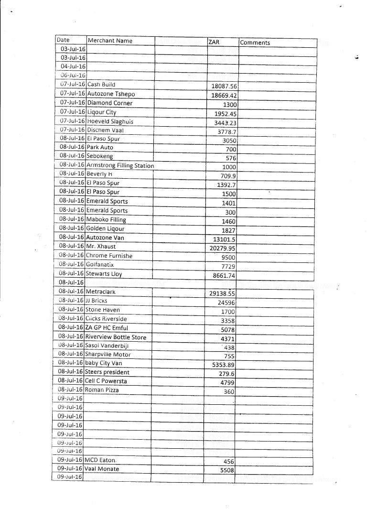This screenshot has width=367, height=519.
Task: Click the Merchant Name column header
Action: coord(110,41)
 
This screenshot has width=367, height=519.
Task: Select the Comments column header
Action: coord(255,43)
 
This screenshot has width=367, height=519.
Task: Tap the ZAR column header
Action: coord(214,42)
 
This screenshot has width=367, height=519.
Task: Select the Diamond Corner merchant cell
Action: coord(110,103)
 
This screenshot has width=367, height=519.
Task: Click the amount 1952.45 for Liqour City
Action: coord(225,113)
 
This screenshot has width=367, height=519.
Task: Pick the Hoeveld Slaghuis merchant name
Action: coord(110,121)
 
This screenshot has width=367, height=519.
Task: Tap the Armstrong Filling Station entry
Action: coord(120,166)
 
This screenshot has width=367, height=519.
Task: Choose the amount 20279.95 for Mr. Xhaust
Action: coord(223,248)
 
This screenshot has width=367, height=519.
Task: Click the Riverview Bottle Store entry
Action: coord(116,337)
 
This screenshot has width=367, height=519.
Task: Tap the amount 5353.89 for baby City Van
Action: coord(224,365)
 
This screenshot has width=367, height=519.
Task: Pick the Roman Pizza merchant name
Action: coord(102,390)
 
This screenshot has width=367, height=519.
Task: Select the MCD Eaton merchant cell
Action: coord(100,460)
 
